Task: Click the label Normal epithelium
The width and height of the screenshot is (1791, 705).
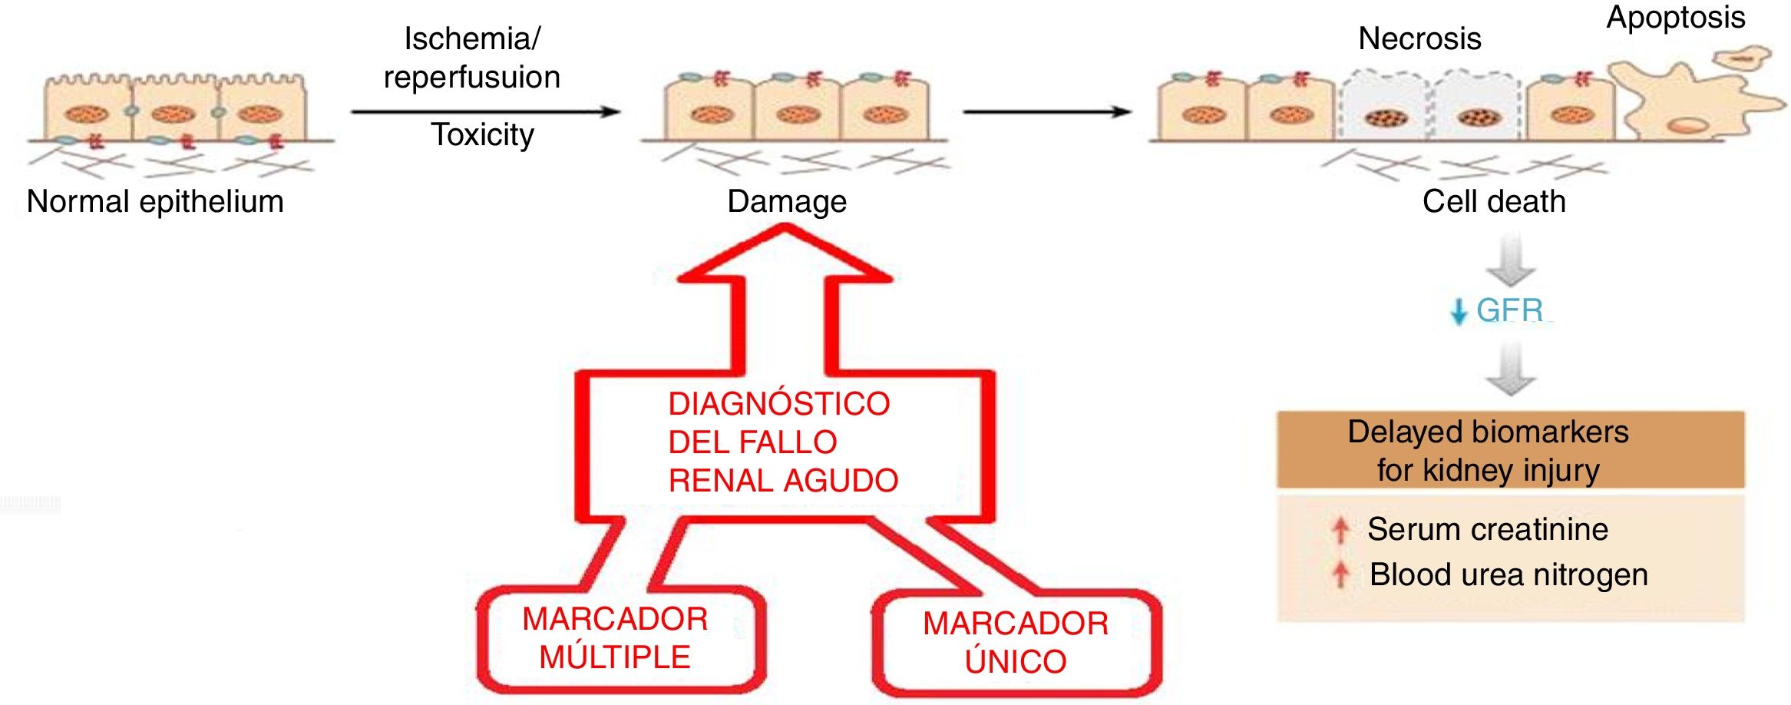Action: pos(155,202)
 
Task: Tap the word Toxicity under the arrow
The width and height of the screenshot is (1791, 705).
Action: pos(482,135)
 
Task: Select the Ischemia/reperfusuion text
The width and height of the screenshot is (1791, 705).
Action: pos(472,58)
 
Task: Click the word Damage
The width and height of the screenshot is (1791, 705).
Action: pos(787,202)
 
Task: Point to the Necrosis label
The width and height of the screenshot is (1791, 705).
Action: pos(1419,38)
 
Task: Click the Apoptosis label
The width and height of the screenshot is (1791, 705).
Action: pos(1676,17)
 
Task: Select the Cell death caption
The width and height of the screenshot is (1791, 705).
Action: pos(1494,202)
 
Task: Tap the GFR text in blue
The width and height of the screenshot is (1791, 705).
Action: pos(1509,310)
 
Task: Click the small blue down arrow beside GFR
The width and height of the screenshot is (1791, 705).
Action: pos(1458,312)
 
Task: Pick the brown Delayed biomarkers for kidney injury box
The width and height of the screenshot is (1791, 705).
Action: pos(1510,450)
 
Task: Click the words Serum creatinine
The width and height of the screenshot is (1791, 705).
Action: pos(1487,529)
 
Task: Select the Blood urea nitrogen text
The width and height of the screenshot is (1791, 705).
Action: pos(1508,574)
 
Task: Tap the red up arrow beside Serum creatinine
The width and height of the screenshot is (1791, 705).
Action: pos(1340,530)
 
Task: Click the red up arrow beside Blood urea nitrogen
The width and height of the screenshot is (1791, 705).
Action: pos(1340,574)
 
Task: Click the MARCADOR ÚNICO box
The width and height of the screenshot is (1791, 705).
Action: pos(1016,643)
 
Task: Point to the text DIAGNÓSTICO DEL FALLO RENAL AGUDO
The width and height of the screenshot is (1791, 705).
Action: pos(781,442)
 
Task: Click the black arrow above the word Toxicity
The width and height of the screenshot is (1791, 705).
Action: pos(485,112)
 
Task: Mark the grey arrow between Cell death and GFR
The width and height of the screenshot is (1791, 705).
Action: pos(1510,261)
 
